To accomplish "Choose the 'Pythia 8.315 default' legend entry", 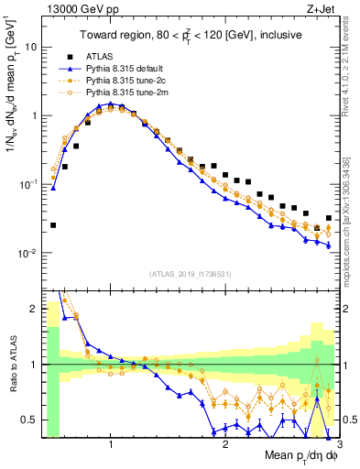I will pos(129,68).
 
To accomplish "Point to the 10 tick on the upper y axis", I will pos(31,46).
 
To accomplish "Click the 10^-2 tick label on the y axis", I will pos(28,253).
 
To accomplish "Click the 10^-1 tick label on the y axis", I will pos(28,184).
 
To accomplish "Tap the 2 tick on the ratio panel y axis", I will pos(34,309).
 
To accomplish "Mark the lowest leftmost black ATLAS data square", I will pos(53,225).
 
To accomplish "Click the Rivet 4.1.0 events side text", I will pos(350,69).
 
